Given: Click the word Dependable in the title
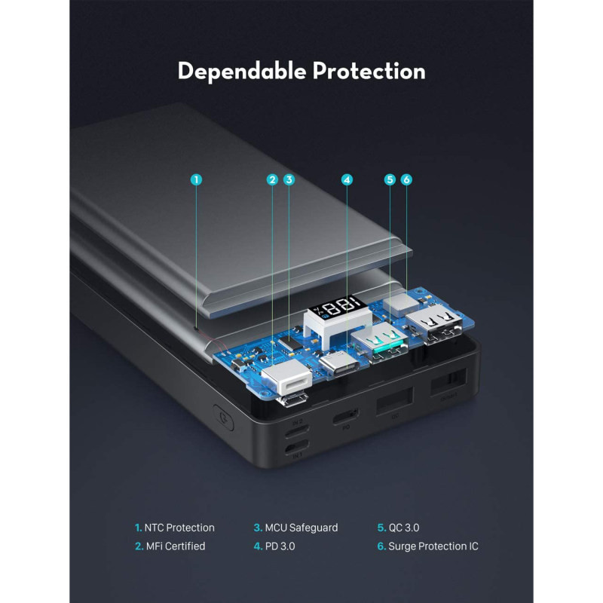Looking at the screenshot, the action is point(241,72).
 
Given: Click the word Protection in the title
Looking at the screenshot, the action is point(369,71).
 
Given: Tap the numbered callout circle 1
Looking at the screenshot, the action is point(196,179).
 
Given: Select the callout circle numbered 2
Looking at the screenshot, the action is point(272,179).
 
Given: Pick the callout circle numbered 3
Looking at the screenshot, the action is point(289,179).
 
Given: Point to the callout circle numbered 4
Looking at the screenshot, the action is point(347,179).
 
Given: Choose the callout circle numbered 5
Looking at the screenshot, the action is point(390,179).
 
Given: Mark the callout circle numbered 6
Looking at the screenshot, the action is point(406,179).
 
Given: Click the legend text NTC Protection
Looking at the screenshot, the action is point(179,528).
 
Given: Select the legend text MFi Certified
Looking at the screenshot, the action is point(176,546).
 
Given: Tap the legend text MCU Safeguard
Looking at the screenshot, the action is point(301,528).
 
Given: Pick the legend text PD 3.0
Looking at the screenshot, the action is point(280,546).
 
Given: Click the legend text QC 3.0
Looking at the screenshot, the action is point(404,528).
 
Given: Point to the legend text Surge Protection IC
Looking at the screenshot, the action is point(433,546).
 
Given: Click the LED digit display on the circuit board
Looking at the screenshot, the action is point(337,306).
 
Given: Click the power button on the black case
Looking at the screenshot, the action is point(223,417).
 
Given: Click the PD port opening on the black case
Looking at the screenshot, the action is point(345,416).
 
